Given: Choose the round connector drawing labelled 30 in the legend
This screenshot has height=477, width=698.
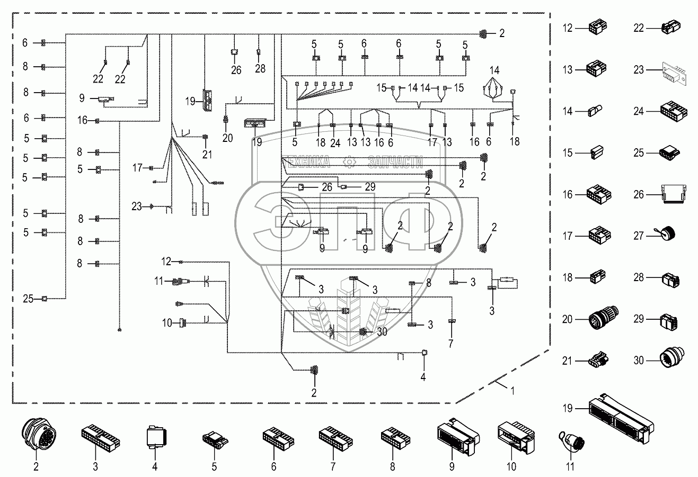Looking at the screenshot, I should pyautogui.click(x=672, y=360).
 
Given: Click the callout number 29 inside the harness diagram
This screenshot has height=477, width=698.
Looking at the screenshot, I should pyautogui.click(x=370, y=187).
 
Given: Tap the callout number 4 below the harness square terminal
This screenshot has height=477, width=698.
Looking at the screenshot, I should pyautogui.click(x=423, y=377).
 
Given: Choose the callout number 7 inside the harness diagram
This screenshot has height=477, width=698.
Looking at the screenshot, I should pyautogui.click(x=451, y=343).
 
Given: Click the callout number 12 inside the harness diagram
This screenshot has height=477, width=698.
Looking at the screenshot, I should pyautogui.click(x=167, y=262).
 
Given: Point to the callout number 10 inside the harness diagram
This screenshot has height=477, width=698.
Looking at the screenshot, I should pyautogui.click(x=167, y=322).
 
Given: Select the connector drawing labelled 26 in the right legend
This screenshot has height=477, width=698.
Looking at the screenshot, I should pyautogui.click(x=670, y=194).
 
